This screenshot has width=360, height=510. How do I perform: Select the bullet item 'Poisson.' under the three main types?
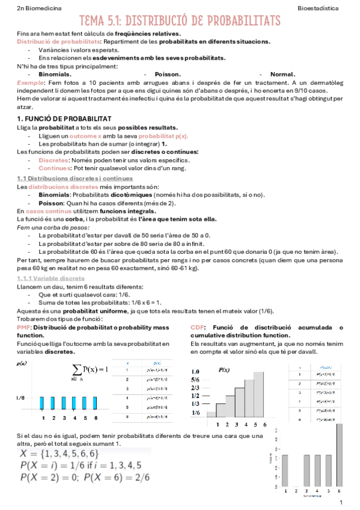point(169,73)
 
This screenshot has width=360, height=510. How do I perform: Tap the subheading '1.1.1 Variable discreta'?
point(50,279)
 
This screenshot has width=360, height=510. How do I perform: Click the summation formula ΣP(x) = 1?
point(90,369)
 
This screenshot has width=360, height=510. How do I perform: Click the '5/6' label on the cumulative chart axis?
point(195,379)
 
